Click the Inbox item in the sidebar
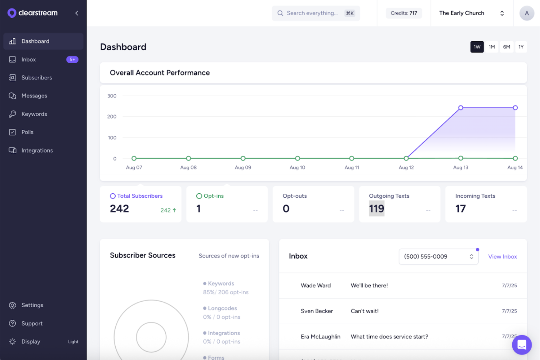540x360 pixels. tap(28, 59)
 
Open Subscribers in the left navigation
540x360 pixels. tap(36, 78)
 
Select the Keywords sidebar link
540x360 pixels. tap(34, 114)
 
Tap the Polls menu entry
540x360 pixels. tap(27, 132)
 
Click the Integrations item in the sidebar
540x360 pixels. tap(37, 150)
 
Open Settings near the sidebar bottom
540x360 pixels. tap(32, 305)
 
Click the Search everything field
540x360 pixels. tap(312, 13)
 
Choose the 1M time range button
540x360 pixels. tap(491, 47)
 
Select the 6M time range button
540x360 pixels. tap(506, 47)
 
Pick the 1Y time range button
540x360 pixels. tap(521, 47)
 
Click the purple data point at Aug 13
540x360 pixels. tap(460, 108)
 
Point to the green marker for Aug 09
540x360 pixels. tap(243, 158)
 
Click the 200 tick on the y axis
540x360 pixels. tap(112, 117)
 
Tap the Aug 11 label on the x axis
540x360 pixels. tap(352, 167)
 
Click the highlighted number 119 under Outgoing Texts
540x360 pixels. tap(377, 209)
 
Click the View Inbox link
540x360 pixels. tap(502, 256)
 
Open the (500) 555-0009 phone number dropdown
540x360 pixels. tap(438, 256)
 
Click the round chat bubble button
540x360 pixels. tap(521, 344)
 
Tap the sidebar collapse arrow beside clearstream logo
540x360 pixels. tap(77, 13)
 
